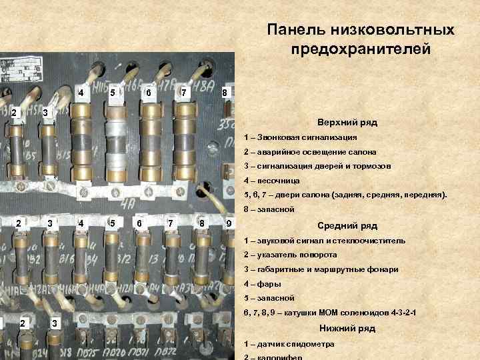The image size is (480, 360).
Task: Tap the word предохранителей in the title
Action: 361,49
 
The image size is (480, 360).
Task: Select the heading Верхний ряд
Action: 347,123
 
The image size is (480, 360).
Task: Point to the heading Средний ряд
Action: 347,225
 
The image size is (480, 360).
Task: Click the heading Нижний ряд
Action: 347,328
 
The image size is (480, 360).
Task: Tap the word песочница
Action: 276,181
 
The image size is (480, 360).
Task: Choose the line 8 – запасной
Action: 269,209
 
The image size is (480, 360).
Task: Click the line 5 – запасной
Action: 269,298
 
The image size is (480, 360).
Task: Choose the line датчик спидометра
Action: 293,344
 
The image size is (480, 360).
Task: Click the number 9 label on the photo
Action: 229,222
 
